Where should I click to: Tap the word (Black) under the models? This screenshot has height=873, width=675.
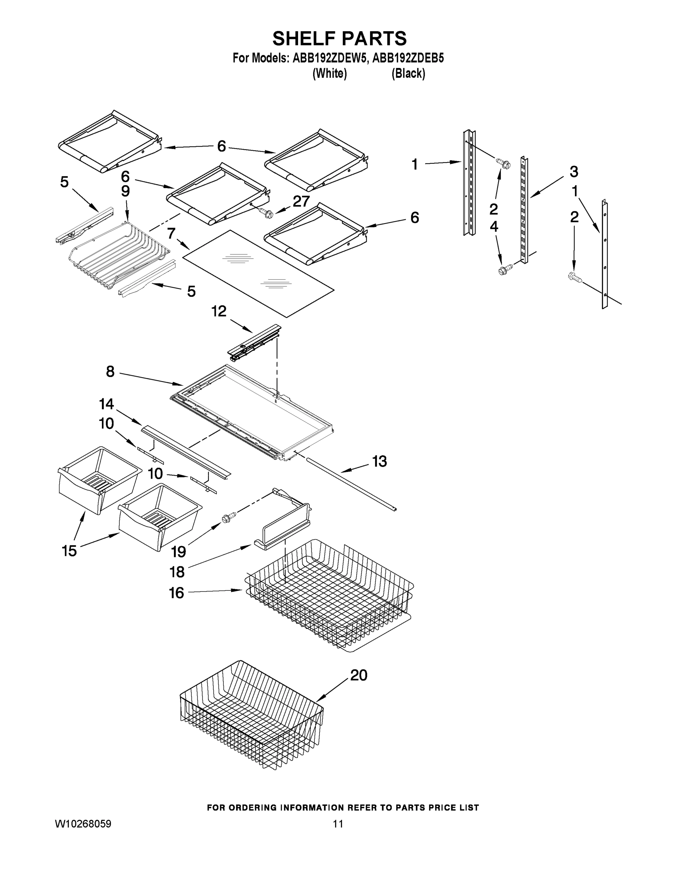pyautogui.click(x=408, y=73)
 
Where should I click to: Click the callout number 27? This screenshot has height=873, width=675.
pyautogui.click(x=301, y=202)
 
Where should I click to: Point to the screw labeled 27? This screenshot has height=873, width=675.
pyautogui.click(x=266, y=213)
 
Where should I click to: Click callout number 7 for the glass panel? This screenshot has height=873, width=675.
pyautogui.click(x=171, y=233)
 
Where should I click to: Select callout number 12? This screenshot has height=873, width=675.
pyautogui.click(x=219, y=311)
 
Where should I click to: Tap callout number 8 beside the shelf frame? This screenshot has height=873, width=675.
pyautogui.click(x=110, y=372)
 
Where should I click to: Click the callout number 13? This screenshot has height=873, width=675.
pyautogui.click(x=380, y=461)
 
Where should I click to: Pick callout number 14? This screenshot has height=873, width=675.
pyautogui.click(x=106, y=404)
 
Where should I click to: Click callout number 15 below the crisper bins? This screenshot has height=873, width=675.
pyautogui.click(x=69, y=551)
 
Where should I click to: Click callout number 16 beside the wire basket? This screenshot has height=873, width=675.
pyautogui.click(x=176, y=593)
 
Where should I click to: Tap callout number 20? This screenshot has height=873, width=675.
pyautogui.click(x=358, y=675)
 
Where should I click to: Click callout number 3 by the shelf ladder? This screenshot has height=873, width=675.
pyautogui.click(x=574, y=172)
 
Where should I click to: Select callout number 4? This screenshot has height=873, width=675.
pyautogui.click(x=494, y=227)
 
